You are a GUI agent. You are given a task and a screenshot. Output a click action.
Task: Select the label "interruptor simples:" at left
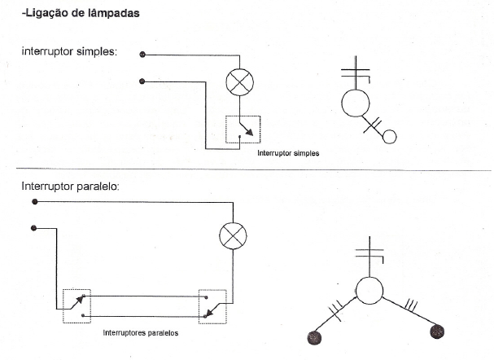(x=69, y=50)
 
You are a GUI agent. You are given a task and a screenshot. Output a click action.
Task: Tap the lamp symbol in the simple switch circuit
(x=239, y=83)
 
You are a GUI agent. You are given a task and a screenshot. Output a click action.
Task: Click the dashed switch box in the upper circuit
(x=244, y=130)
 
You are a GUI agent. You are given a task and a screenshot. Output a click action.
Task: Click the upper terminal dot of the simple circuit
(x=143, y=55)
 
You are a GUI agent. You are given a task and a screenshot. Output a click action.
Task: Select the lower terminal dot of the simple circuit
(x=143, y=81)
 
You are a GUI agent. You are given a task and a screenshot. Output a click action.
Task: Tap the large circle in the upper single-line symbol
(x=356, y=103)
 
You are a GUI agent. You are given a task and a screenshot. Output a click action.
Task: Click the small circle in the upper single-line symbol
(x=389, y=136)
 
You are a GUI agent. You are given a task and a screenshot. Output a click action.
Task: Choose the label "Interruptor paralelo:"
(x=71, y=186)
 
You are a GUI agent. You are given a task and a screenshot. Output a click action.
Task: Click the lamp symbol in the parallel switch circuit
(x=234, y=237)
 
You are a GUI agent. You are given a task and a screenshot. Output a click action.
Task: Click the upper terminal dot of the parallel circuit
(x=34, y=200)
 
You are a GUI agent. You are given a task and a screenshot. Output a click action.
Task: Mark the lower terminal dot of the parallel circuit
(x=34, y=228)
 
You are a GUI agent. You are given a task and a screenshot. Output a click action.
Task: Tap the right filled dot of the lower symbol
(x=438, y=331)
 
